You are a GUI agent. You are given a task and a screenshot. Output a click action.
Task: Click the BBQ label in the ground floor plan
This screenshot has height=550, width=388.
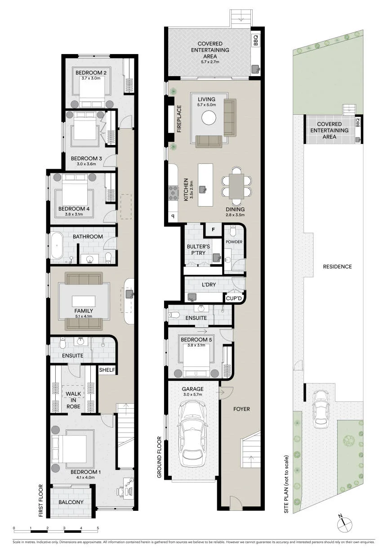tap(256, 40)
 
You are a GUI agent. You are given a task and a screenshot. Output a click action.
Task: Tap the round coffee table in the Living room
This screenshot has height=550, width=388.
tap(209, 118)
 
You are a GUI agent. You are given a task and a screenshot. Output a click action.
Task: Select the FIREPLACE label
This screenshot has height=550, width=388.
tap(179, 119)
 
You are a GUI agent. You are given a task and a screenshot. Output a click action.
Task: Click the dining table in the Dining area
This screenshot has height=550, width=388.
tap(236, 186)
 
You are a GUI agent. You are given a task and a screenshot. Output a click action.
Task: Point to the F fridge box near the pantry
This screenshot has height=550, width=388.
tap(213, 230)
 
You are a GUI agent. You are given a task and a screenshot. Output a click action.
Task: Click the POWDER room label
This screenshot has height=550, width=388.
tap(234, 242)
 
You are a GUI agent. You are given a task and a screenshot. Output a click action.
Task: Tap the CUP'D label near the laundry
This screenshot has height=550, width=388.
tap(234, 298)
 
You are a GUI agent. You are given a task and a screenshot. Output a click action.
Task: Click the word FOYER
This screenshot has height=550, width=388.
tap(241, 409)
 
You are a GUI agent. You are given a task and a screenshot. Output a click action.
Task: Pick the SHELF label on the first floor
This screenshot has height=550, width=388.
tap(107, 370)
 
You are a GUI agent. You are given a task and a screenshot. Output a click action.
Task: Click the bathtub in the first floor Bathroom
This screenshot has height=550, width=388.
tap(57, 245)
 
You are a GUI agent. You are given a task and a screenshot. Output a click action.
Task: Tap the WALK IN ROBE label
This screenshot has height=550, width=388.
tap(73, 400)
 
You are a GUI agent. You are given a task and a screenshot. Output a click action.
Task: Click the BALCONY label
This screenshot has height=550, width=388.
tap(71, 502)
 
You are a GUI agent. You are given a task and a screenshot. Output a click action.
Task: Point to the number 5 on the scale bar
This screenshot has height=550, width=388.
tap(98, 526)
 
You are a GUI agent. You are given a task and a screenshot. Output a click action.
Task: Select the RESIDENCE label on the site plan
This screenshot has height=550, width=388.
tap(337, 266)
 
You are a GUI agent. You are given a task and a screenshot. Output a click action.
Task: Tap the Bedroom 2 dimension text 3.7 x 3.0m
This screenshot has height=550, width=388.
tap(91, 78)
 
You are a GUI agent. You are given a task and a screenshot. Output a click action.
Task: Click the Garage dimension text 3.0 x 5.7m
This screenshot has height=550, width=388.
tap(192, 395)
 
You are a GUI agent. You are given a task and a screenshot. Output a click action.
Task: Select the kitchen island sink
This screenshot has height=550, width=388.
tap(203, 189)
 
